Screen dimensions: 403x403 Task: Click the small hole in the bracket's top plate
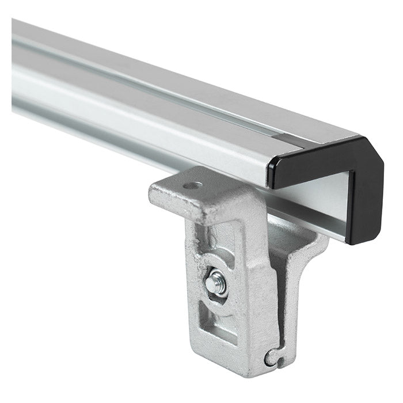pyautogui.click(x=192, y=186)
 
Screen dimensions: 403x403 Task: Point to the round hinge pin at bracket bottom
pyautogui.click(x=271, y=358)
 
